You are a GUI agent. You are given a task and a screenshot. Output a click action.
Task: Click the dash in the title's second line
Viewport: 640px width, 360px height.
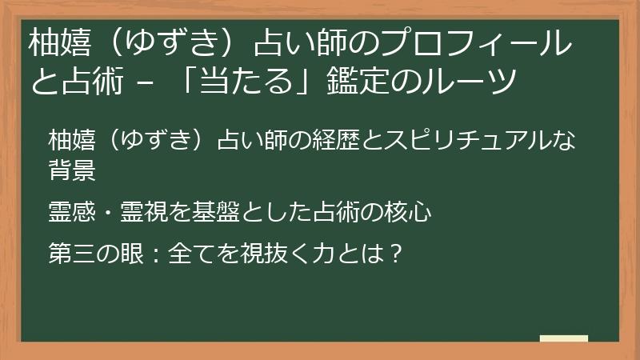(146, 82)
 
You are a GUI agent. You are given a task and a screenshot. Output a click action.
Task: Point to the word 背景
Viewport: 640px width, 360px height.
(72, 170)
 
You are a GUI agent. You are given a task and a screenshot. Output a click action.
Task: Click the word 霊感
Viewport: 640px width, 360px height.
(72, 212)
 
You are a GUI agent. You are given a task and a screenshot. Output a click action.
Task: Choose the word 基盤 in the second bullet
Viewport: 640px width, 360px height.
(216, 212)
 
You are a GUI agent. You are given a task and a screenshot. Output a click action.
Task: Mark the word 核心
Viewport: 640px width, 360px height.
(408, 212)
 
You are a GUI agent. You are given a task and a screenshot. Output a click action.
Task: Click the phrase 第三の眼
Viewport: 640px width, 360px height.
(96, 253)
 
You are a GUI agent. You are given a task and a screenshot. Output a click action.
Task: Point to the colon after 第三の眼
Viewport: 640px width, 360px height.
(155, 254)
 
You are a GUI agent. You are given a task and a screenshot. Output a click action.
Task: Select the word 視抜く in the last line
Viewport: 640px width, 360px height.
(275, 253)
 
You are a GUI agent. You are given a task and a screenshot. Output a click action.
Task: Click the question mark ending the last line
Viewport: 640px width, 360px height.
(394, 253)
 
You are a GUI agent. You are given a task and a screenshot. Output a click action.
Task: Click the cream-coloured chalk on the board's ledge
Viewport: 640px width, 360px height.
(564, 338)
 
